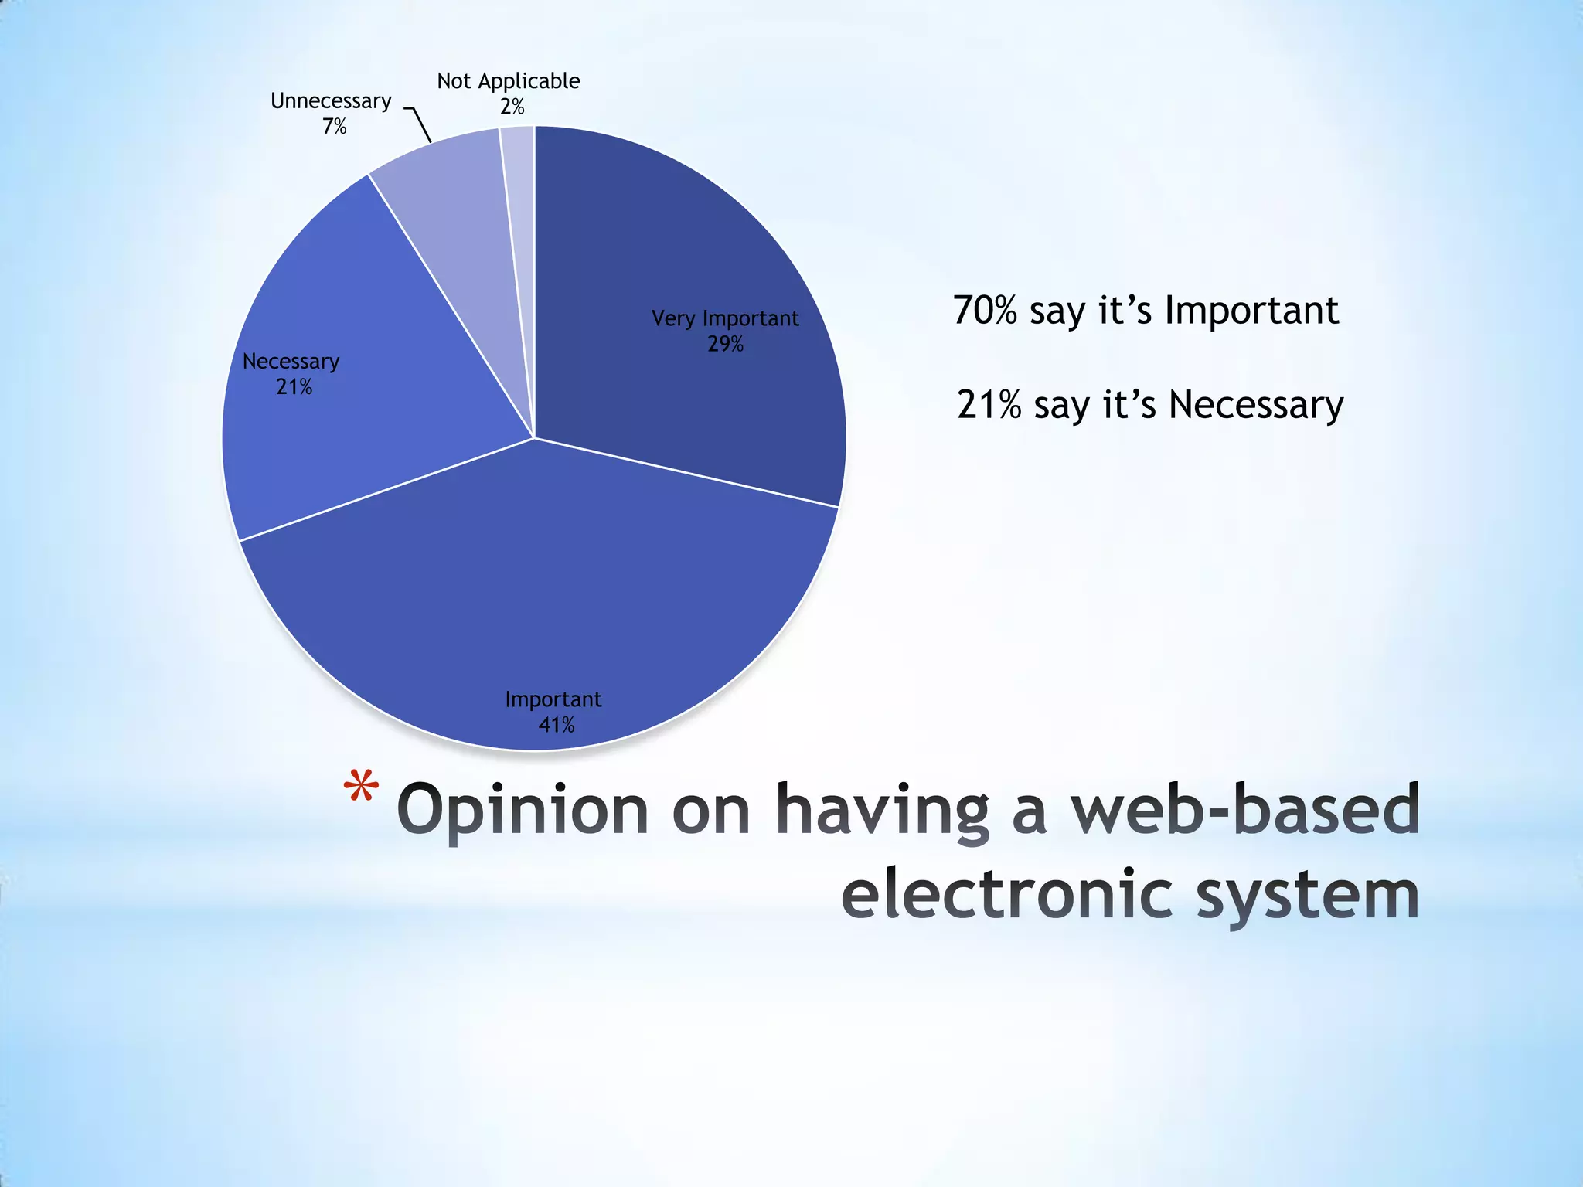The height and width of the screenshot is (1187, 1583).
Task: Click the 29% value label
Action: pos(725,344)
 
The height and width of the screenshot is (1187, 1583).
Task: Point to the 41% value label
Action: pos(556,725)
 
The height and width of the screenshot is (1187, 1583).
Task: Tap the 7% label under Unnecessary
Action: pos(334,126)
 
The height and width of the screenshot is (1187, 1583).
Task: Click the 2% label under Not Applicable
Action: pos(512,107)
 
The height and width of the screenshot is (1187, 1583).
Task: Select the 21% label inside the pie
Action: pos(294,386)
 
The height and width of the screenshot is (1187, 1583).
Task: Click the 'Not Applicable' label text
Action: pos(508,81)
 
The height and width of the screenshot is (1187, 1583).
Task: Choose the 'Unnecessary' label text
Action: pos(331,101)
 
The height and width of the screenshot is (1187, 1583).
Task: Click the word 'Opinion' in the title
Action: pos(523,810)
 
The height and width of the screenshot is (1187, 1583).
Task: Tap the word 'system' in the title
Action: pos(1308,895)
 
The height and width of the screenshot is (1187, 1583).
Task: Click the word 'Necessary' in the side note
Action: pos(1255,405)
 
